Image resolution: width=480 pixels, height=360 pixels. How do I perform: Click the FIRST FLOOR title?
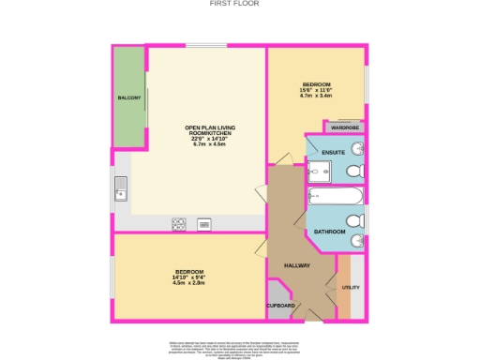[x=239, y=4]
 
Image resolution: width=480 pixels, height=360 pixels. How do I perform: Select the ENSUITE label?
[x=332, y=151]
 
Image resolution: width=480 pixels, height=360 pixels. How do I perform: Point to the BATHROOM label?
[x=329, y=231]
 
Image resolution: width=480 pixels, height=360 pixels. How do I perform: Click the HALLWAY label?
[x=296, y=265]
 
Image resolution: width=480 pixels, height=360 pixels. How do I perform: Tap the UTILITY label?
[x=351, y=288]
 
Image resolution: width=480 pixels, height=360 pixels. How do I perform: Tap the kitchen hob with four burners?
[x=178, y=223]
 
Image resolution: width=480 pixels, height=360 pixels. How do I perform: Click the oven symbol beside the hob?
[x=203, y=223]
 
